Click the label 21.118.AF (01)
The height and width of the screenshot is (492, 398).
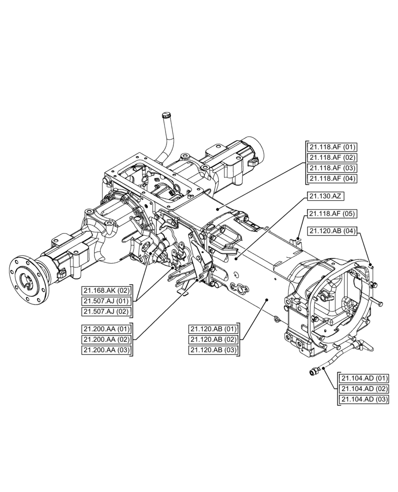pyautogui.click(x=332, y=147)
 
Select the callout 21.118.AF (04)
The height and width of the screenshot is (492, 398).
pyautogui.click(x=332, y=178)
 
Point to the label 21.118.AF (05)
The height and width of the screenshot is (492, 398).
pyautogui.click(x=332, y=214)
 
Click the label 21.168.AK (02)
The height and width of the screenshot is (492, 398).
pyautogui.click(x=107, y=290)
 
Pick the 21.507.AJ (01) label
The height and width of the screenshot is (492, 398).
pyautogui.click(x=107, y=301)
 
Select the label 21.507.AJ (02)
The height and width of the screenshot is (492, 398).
pyautogui.click(x=107, y=311)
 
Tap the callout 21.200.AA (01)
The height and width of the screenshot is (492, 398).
pyautogui.click(x=106, y=329)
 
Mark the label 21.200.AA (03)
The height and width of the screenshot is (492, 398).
pyautogui.click(x=106, y=350)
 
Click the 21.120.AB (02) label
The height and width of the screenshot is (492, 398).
pyautogui.click(x=213, y=339)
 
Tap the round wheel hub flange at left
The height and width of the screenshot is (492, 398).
pyautogui.click(x=28, y=280)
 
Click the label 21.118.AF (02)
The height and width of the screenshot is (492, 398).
pyautogui.click(x=332, y=157)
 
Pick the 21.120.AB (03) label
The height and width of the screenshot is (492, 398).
pyautogui.click(x=213, y=350)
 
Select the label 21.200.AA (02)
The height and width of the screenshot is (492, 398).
pyautogui.click(x=106, y=339)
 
